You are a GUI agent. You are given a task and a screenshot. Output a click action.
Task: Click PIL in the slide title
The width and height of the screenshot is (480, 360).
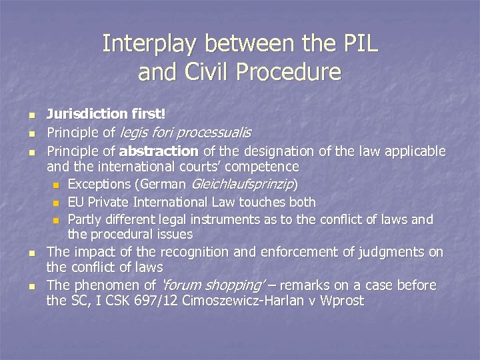358,44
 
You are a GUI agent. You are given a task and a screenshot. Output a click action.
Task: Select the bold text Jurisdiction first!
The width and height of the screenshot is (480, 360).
106,115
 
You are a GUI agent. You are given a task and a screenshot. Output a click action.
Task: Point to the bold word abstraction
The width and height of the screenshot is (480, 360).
159,151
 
